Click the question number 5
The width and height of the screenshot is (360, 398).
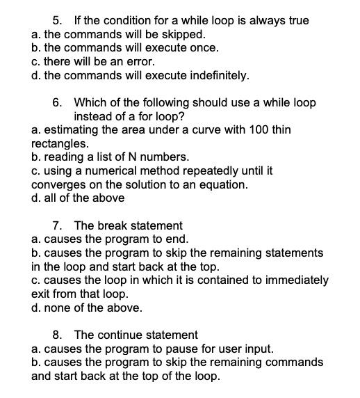click(58, 20)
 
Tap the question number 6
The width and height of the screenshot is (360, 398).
click(58, 103)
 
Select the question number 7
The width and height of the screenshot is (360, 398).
click(58, 225)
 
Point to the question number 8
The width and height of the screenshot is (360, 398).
click(58, 335)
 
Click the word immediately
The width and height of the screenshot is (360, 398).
click(298, 280)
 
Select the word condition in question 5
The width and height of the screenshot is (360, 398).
click(133, 20)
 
